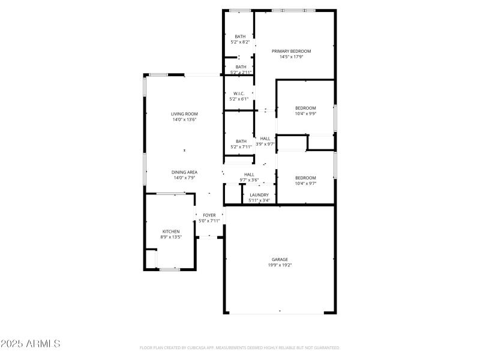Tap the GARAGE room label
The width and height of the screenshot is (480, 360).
point(280,259)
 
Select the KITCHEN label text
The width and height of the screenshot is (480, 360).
point(171,231)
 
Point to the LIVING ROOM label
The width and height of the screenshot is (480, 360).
point(184,113)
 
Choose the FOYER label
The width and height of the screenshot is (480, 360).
point(209,215)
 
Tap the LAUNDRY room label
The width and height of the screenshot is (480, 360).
point(259,194)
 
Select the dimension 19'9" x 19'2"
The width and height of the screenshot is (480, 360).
point(280,265)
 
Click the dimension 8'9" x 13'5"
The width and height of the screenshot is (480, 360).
point(171,237)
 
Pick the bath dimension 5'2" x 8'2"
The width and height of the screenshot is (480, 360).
point(241,42)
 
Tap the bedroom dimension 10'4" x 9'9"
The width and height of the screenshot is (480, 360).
point(305,113)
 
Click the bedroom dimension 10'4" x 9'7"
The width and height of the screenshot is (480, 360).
point(305,184)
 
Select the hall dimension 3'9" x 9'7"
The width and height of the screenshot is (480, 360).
point(265,144)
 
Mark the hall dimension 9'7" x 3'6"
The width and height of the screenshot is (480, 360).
point(249,180)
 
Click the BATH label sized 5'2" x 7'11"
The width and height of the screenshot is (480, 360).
point(241,141)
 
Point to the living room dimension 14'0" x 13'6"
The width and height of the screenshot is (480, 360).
point(184,119)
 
